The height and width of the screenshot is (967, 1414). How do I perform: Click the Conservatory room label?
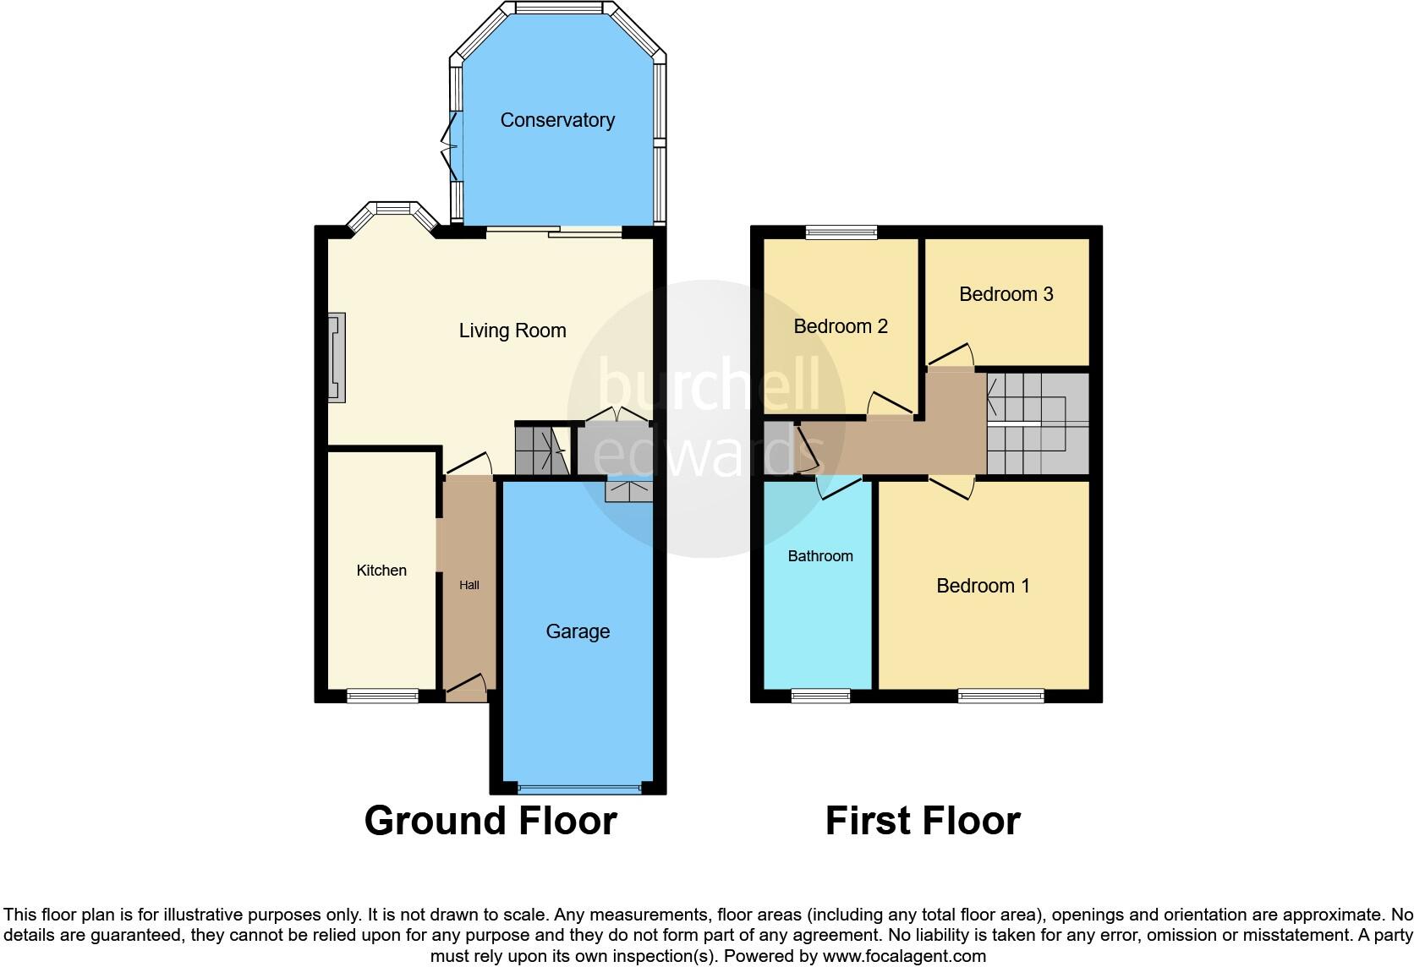point(557,120)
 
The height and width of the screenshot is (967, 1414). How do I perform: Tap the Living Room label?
point(512,331)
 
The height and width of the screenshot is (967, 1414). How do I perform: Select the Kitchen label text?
point(381,571)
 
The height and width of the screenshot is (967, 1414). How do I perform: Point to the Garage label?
point(578,631)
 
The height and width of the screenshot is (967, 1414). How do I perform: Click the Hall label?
point(469,585)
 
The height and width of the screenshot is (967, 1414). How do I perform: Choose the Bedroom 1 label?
point(983,586)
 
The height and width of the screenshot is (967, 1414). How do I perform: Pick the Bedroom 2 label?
point(841,326)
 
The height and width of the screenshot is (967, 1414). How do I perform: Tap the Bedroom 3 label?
point(1006,294)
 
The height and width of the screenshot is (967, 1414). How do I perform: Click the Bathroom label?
point(820,556)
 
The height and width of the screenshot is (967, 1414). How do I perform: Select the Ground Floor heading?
point(491,821)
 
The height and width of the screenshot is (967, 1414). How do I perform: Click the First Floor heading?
point(923,821)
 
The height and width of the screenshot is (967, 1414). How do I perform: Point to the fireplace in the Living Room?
point(337,357)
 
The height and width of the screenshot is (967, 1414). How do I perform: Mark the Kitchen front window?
point(382,697)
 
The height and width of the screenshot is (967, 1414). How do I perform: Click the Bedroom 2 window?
point(841,232)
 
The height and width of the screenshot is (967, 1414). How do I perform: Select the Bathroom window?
point(820,697)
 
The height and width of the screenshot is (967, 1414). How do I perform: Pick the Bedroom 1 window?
point(1000,697)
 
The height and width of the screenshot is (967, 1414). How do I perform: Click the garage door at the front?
point(579,789)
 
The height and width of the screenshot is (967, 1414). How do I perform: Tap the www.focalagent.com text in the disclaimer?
point(904,957)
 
